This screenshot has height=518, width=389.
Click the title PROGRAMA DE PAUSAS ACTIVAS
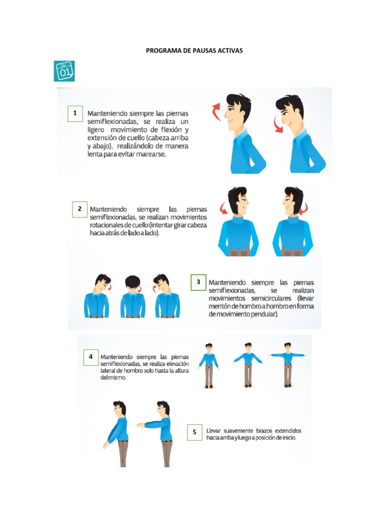(x=194, y=51)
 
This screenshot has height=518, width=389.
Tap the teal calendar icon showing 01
(x=64, y=71)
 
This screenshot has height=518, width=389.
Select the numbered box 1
(x=75, y=113)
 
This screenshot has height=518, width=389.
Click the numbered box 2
(x=80, y=209)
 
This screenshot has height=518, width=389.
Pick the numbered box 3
(x=199, y=282)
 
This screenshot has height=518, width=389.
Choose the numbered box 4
(x=91, y=357)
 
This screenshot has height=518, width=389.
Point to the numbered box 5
(x=194, y=432)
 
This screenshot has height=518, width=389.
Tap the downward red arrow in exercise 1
(x=278, y=125)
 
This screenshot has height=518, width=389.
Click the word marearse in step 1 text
(x=150, y=155)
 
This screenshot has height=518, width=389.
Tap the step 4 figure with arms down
(x=208, y=365)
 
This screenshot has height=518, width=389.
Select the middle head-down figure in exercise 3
(x=133, y=297)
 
